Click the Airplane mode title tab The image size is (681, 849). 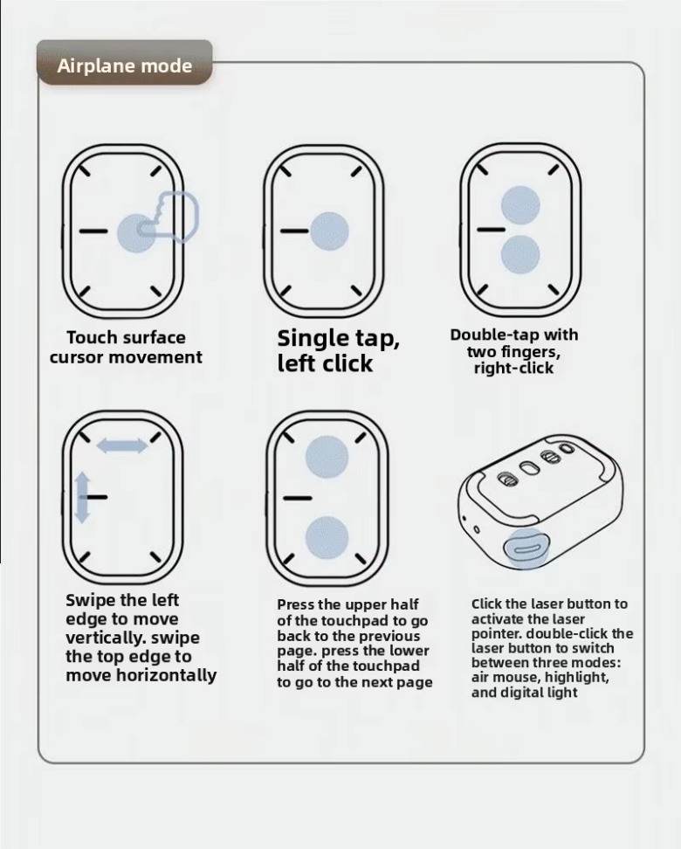point(125,62)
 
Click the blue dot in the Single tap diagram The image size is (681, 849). point(329,231)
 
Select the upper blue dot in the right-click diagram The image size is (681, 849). point(520,205)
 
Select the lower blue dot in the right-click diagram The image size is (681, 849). point(520,254)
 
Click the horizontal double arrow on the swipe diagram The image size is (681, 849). point(122,445)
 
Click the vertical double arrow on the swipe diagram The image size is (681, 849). point(82,497)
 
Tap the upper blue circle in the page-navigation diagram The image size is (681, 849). point(327,457)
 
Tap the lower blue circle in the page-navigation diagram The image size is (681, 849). point(327,538)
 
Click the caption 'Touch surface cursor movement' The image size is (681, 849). point(126,347)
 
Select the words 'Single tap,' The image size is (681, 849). point(339,338)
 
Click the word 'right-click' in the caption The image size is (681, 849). point(513,369)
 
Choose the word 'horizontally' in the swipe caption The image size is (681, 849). point(166,675)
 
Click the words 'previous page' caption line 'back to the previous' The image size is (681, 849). point(348,636)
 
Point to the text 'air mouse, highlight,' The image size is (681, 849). point(540,677)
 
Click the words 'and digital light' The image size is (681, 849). point(524,693)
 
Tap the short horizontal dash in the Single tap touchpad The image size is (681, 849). point(294,231)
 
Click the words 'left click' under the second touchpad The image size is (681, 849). point(325,362)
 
